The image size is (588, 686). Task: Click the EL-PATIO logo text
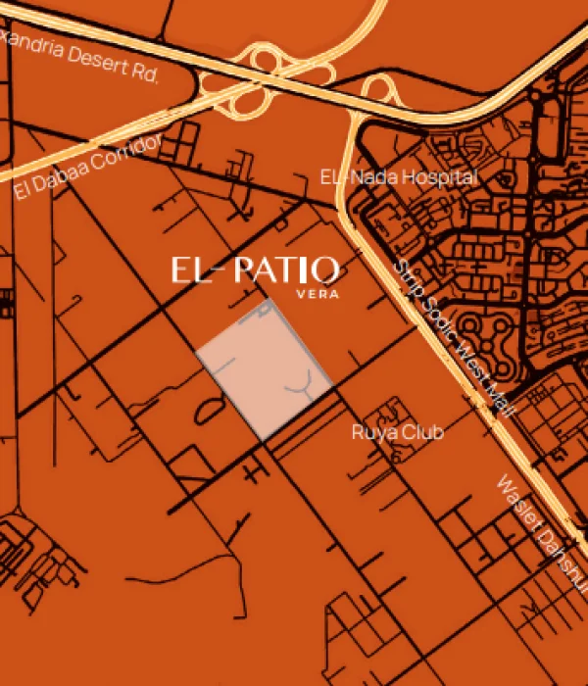pyautogui.click(x=255, y=269)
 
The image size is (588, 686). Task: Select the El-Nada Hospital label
pyautogui.click(x=399, y=177)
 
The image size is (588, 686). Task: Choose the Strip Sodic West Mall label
pyautogui.click(x=453, y=338)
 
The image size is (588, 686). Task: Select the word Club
pyautogui.click(x=427, y=432)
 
